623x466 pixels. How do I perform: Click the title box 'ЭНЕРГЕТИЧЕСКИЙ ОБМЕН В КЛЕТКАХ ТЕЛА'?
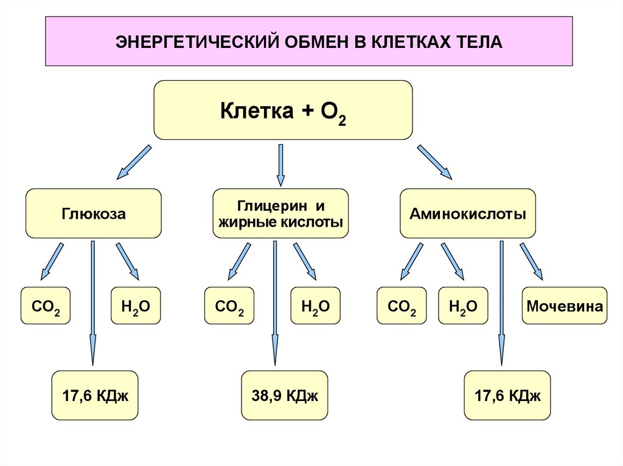pyautogui.click(x=308, y=41)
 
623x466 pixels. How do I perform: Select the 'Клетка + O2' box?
pyautogui.click(x=283, y=111)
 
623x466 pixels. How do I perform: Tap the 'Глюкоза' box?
pyautogui.click(x=93, y=213)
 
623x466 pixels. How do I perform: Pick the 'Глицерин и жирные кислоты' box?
pyautogui.click(x=280, y=213)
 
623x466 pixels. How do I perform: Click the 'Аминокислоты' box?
pyautogui.click(x=467, y=213)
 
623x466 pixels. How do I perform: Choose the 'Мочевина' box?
pyautogui.click(x=565, y=306)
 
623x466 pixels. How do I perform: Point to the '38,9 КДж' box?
pyautogui.click(x=285, y=396)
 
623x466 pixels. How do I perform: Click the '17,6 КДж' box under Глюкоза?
pyautogui.click(x=95, y=396)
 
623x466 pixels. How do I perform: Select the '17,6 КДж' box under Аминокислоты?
pyautogui.click(x=507, y=396)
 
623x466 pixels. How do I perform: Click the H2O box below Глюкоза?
pyautogui.click(x=136, y=306)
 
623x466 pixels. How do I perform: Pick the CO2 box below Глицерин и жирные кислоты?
pyautogui.click(x=229, y=306)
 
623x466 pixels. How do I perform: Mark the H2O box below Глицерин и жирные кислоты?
pyautogui.click(x=315, y=306)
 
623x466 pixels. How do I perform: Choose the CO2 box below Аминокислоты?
pyautogui.click(x=402, y=306)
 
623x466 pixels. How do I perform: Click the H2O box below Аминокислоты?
pyautogui.click(x=463, y=306)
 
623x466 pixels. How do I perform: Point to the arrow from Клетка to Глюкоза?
pyautogui.click(x=133, y=162)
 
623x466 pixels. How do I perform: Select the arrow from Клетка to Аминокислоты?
pyautogui.click(x=434, y=162)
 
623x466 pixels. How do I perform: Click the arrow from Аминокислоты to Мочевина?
pyautogui.click(x=531, y=261)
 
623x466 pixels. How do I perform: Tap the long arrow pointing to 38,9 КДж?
pyautogui.click(x=277, y=304)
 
